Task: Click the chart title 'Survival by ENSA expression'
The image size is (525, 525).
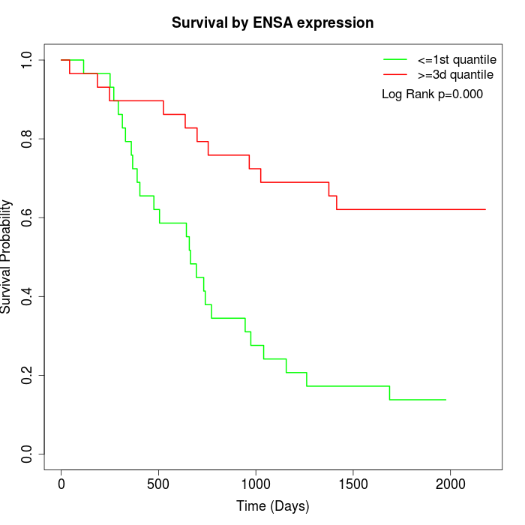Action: (x=272, y=22)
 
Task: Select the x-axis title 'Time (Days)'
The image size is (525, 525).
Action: (x=272, y=506)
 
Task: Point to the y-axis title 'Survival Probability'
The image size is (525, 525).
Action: (x=7, y=256)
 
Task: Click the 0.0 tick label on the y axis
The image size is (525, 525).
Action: (x=28, y=454)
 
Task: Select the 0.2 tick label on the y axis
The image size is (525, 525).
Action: (x=28, y=375)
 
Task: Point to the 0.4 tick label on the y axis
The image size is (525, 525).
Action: (x=28, y=296)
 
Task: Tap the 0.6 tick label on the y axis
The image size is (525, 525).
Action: (x=28, y=217)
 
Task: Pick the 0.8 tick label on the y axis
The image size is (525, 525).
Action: (x=28, y=139)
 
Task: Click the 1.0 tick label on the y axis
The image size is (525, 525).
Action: (x=28, y=60)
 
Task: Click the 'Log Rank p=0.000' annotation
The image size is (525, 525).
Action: (x=432, y=94)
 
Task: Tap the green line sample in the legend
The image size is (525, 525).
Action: (x=394, y=59)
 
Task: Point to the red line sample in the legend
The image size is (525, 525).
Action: (x=394, y=75)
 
